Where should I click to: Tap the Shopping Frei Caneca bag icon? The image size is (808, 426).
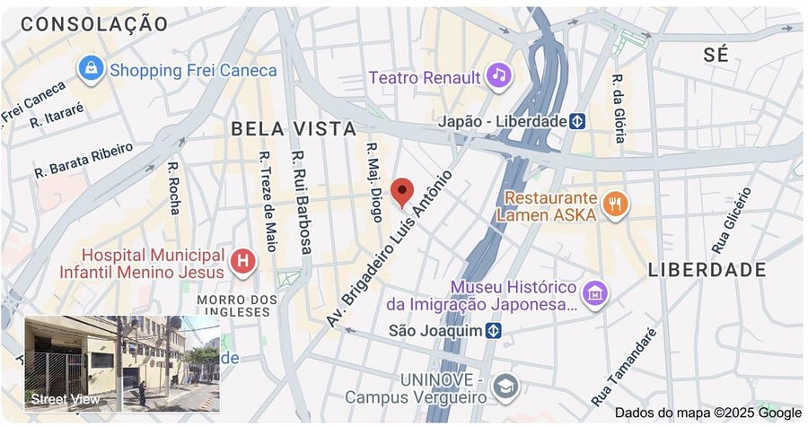tap(90, 67)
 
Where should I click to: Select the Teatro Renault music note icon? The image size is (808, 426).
tap(499, 75)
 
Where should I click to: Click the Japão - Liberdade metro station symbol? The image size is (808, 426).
tap(579, 120)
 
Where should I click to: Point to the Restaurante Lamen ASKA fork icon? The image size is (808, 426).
tap(615, 205)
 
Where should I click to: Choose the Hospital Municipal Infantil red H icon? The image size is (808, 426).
tap(242, 262)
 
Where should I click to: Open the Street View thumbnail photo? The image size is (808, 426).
tap(121, 362)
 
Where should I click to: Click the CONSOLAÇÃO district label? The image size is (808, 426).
tap(93, 24)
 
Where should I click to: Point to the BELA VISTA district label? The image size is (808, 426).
tap(294, 129)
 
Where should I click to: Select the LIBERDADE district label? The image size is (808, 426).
tap(707, 270)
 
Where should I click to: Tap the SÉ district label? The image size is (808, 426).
tap(716, 55)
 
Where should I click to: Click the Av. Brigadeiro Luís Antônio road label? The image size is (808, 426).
tap(389, 248)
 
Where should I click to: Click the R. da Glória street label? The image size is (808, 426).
tap(619, 108)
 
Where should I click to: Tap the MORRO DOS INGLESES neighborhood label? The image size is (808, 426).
tap(233, 305)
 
